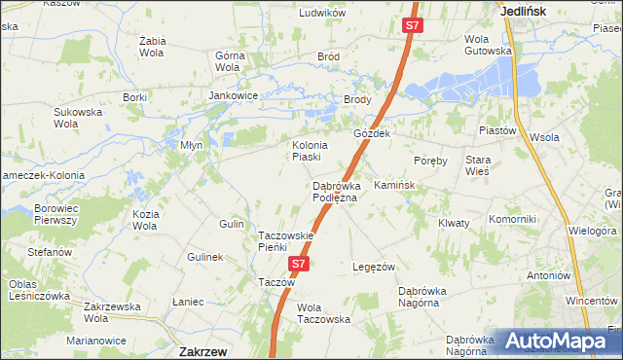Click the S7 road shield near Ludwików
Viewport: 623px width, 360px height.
pyautogui.click(x=413, y=27)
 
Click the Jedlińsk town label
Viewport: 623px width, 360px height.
pyautogui.click(x=523, y=11)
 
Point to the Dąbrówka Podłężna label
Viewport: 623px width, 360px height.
pyautogui.click(x=335, y=192)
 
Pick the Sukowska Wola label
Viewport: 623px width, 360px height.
pyautogui.click(x=79, y=118)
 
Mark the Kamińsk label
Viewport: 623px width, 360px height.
pyautogui.click(x=394, y=185)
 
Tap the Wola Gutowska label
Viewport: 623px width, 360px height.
pyautogui.click(x=488, y=45)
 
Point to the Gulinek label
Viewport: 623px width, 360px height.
pyautogui.click(x=206, y=257)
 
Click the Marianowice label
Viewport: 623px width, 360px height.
pyautogui.click(x=96, y=341)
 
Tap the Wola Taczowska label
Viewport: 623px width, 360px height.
pyautogui.click(x=323, y=313)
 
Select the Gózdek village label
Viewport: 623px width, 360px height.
pyautogui.click(x=372, y=134)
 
